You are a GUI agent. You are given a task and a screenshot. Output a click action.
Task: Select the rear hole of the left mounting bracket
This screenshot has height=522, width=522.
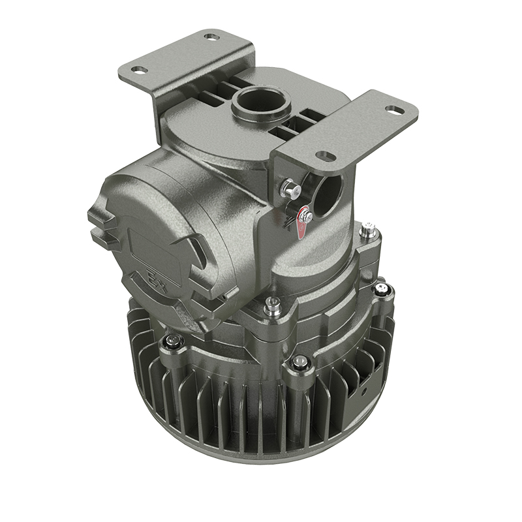(x=210, y=37)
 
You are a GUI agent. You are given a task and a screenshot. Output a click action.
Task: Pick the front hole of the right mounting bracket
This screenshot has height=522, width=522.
(x=322, y=155)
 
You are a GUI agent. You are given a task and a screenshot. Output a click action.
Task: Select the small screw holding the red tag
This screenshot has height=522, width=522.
(x=305, y=217)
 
